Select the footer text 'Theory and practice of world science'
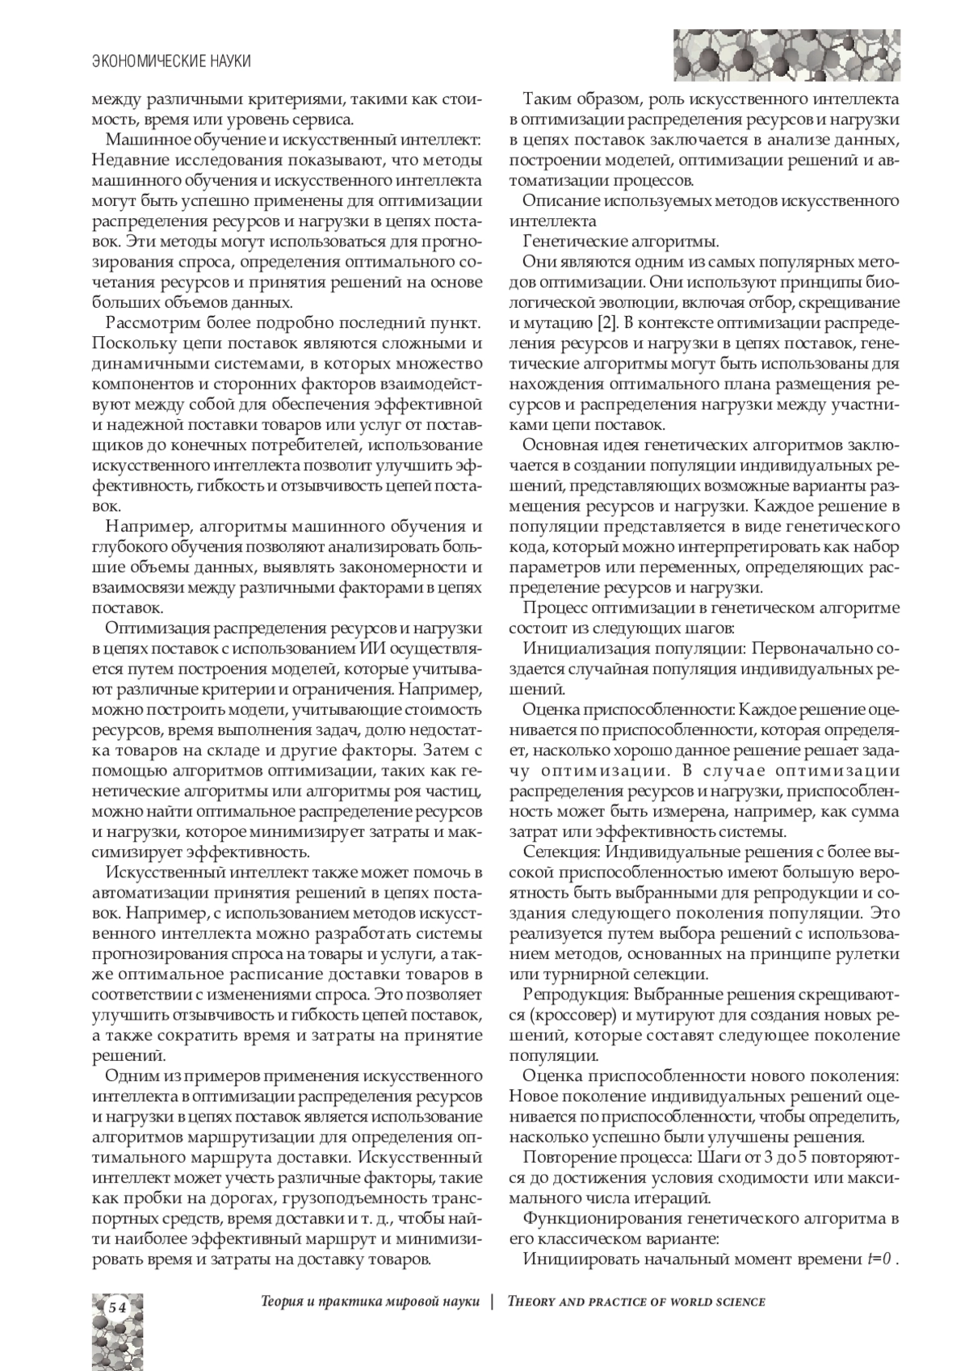636,1302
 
